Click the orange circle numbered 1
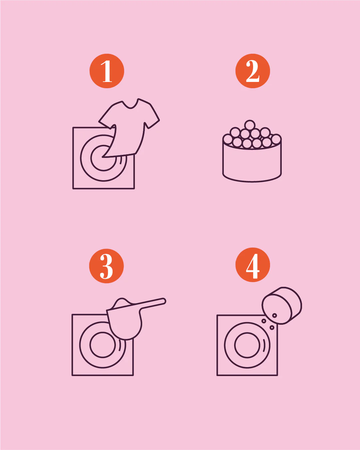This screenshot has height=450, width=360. pos(107,71)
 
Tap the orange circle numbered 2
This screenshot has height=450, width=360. pos(252,71)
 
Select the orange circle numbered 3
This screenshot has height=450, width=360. pos(107,266)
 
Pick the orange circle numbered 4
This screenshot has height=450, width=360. pos(252,265)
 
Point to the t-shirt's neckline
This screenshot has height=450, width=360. pos(130,105)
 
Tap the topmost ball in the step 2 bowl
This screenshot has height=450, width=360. pos(250,125)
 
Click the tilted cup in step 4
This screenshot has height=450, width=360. pos(282,305)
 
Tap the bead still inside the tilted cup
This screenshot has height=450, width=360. pos(274,315)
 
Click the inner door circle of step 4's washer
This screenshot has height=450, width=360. pos(247,345)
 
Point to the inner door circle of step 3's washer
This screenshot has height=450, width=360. pos(103,345)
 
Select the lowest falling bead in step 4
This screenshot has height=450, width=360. pos(272,327)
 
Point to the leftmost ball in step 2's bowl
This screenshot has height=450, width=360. pos(227,139)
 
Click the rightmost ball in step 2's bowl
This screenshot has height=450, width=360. pos(276,139)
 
